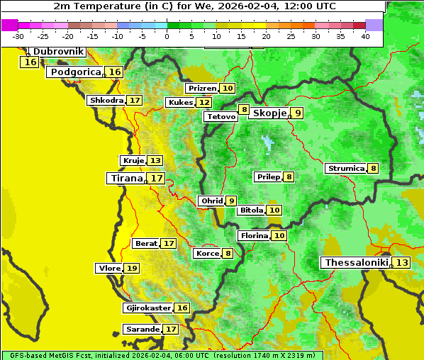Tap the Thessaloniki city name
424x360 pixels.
(x=357, y=263)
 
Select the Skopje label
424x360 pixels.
(x=269, y=113)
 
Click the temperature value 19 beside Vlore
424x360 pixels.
(x=132, y=269)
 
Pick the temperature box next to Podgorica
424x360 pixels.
(x=115, y=72)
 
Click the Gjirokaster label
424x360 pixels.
(x=148, y=308)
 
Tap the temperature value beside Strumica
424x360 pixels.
(x=373, y=169)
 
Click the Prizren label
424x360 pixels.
(x=202, y=89)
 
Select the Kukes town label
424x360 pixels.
(x=180, y=103)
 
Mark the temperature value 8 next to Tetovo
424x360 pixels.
(x=244, y=110)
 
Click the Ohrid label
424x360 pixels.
(x=212, y=201)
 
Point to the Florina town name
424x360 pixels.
(x=255, y=235)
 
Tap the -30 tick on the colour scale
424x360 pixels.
(x=18, y=36)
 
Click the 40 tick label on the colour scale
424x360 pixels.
(x=365, y=36)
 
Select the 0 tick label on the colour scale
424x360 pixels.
(x=167, y=36)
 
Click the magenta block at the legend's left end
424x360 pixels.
(x=10, y=25)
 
